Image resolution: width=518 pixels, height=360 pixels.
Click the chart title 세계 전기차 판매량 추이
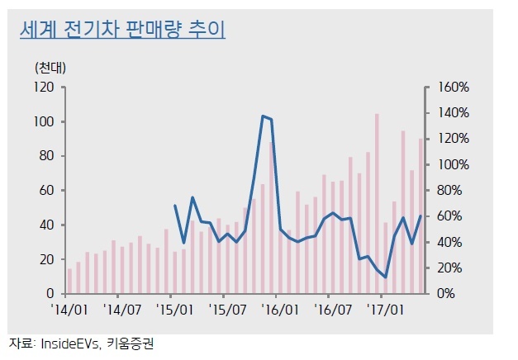click(x=122, y=30)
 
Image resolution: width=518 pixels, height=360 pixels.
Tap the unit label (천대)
click(x=50, y=68)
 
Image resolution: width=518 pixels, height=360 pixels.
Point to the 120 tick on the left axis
click(x=44, y=88)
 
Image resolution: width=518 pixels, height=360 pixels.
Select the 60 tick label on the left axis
click(x=46, y=191)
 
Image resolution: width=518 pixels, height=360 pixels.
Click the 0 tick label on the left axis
click(x=50, y=293)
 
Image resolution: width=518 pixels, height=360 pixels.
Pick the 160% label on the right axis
click(x=454, y=88)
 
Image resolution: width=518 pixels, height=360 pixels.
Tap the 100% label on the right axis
click(x=454, y=165)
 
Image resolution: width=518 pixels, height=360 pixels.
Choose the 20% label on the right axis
click(x=449, y=268)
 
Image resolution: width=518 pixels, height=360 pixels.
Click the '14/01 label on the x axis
click(x=69, y=310)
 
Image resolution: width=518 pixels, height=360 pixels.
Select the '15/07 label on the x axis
click(x=227, y=310)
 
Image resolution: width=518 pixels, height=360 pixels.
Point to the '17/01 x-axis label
click(x=385, y=310)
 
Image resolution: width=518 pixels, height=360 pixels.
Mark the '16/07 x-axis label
click(x=333, y=310)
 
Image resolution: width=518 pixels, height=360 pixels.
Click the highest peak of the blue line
click(x=263, y=116)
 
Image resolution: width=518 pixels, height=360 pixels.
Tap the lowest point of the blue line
click(x=385, y=277)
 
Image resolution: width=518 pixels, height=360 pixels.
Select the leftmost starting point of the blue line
click(x=175, y=206)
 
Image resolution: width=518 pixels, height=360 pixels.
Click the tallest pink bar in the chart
click(x=377, y=203)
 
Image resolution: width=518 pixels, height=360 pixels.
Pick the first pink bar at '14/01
click(x=69, y=281)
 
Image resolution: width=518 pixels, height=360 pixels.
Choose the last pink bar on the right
click(x=421, y=216)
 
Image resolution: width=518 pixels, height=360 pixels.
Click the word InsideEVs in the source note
click(x=70, y=344)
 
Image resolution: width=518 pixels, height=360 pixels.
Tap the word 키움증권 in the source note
click(x=131, y=343)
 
